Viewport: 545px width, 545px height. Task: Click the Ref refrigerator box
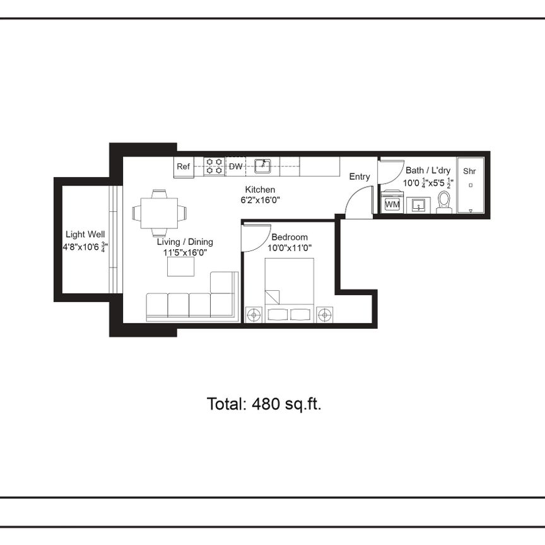click(183, 167)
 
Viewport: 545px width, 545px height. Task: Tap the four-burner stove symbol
click(213, 167)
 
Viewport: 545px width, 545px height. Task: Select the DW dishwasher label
click(235, 167)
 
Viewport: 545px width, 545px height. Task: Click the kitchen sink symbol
click(262, 167)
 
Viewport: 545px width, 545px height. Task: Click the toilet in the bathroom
click(445, 202)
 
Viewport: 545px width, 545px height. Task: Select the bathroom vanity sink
click(418, 205)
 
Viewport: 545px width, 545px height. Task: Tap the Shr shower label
click(470, 171)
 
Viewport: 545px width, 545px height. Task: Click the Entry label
click(360, 177)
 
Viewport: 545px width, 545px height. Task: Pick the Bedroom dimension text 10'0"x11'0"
click(289, 248)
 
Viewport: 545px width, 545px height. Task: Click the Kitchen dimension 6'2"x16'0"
click(260, 200)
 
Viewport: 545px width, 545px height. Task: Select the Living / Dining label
click(185, 242)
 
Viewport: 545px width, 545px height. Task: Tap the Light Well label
click(85, 235)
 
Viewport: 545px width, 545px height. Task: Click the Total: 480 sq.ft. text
click(264, 404)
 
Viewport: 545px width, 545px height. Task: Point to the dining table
click(159, 213)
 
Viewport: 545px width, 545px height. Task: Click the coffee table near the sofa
click(181, 267)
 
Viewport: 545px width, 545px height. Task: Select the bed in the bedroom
click(288, 287)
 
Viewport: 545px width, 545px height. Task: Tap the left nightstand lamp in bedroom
click(254, 313)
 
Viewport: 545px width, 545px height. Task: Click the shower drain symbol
click(471, 185)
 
